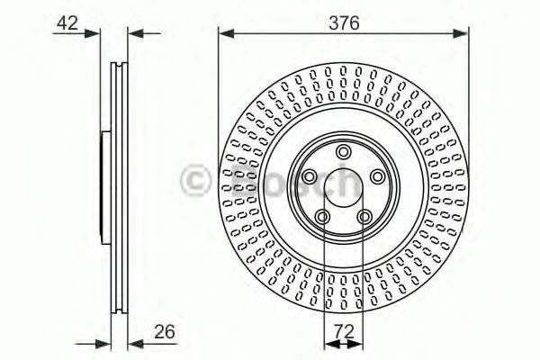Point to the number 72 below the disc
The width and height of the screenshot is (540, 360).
pos(343,329)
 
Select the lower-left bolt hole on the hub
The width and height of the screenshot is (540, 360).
pos(321,216)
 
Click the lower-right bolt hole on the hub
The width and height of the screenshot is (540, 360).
pos(364,216)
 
